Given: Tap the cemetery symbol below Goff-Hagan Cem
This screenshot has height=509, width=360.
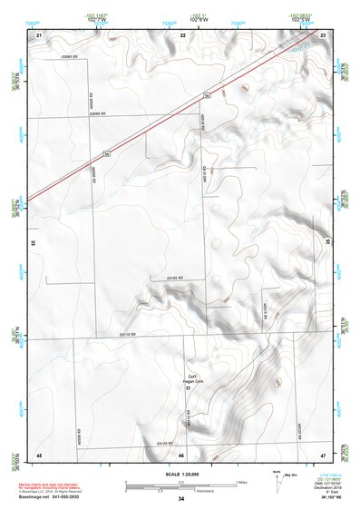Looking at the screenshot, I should pos(188,388).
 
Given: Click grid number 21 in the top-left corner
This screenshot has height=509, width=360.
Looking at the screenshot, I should pos(39,34).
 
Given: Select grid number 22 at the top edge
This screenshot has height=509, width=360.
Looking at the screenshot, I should pos(183,34).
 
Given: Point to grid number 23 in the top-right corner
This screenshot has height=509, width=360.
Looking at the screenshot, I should pos(323,34).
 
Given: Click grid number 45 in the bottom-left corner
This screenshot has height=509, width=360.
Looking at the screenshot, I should pos(39,454).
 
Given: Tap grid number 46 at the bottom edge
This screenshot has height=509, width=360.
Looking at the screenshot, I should pos(181,455).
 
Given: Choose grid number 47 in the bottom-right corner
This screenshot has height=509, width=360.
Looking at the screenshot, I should pos(323,454).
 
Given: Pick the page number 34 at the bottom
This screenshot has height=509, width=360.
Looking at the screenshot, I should pos(181,499).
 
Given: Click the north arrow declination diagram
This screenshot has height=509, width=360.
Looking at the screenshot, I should pos(277,481).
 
